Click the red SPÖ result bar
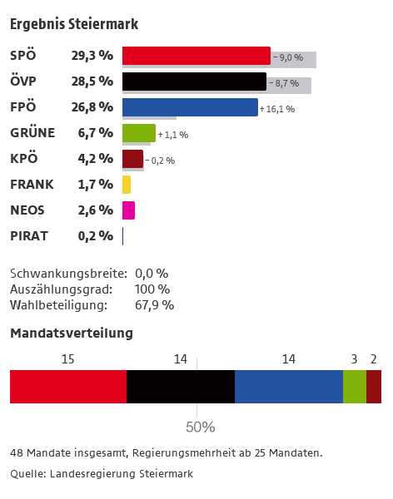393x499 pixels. [196, 56]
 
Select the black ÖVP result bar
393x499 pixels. [195, 82]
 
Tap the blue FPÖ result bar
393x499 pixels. [190, 107]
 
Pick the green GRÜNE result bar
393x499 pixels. [139, 133]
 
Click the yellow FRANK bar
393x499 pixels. [127, 185]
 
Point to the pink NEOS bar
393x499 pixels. [128, 210]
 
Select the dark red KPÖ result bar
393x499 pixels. [132, 159]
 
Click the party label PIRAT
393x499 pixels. [29, 236]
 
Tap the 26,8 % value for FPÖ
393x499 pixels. [92, 107]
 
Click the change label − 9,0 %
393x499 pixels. [288, 57]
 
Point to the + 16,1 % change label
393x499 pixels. [277, 109]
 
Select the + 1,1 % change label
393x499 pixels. [173, 135]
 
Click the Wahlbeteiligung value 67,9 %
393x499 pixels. [155, 305]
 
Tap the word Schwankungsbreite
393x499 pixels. [68, 274]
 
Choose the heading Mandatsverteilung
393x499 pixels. [72, 333]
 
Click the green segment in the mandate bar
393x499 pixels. [355, 387]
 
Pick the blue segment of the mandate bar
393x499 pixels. [289, 387]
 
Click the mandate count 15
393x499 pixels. [67, 359]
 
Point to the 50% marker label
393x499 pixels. [200, 427]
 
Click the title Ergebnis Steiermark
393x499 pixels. [74, 24]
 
